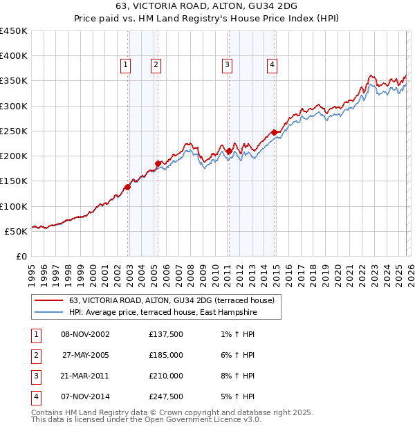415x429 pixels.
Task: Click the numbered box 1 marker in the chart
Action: (126, 65)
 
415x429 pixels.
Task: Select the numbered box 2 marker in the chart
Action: (156, 65)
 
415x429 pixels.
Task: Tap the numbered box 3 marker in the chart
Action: (227, 65)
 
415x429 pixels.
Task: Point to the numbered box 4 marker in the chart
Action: (273, 65)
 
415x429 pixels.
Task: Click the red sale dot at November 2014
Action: (274, 132)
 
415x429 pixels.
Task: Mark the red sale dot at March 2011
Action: (229, 150)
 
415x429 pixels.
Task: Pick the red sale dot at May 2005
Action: (158, 163)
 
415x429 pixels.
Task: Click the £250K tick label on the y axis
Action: (14, 131)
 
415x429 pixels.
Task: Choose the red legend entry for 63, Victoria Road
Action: (172, 300)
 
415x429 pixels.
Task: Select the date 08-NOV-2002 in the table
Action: (85, 335)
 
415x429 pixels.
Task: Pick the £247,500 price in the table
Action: (165, 397)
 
